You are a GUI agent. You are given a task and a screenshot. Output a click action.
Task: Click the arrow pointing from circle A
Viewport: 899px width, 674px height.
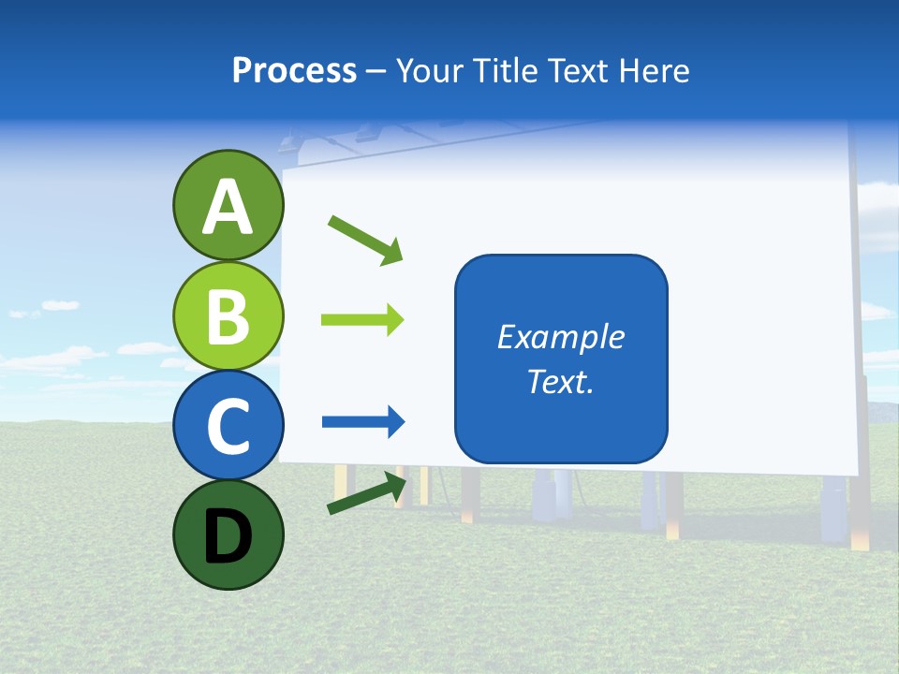[365, 240]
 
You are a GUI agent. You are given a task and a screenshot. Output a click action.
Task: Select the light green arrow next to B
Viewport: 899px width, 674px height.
[362, 320]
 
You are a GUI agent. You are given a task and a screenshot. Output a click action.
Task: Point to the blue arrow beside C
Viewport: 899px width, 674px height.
[363, 422]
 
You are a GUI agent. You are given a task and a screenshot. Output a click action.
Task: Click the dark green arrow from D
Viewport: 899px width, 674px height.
[367, 493]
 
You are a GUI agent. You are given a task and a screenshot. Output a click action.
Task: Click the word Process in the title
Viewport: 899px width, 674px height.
[294, 70]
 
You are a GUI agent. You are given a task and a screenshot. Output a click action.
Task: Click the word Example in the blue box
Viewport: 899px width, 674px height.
[560, 337]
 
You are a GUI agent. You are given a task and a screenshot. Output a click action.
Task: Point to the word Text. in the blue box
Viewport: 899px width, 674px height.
[560, 381]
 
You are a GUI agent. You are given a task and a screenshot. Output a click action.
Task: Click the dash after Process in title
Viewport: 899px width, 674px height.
[376, 72]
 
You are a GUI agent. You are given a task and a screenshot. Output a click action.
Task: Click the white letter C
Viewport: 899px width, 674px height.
[228, 427]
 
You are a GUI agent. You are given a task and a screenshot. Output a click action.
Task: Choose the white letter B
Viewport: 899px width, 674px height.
[228, 316]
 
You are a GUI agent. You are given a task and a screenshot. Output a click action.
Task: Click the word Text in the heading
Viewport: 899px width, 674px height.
[581, 70]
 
